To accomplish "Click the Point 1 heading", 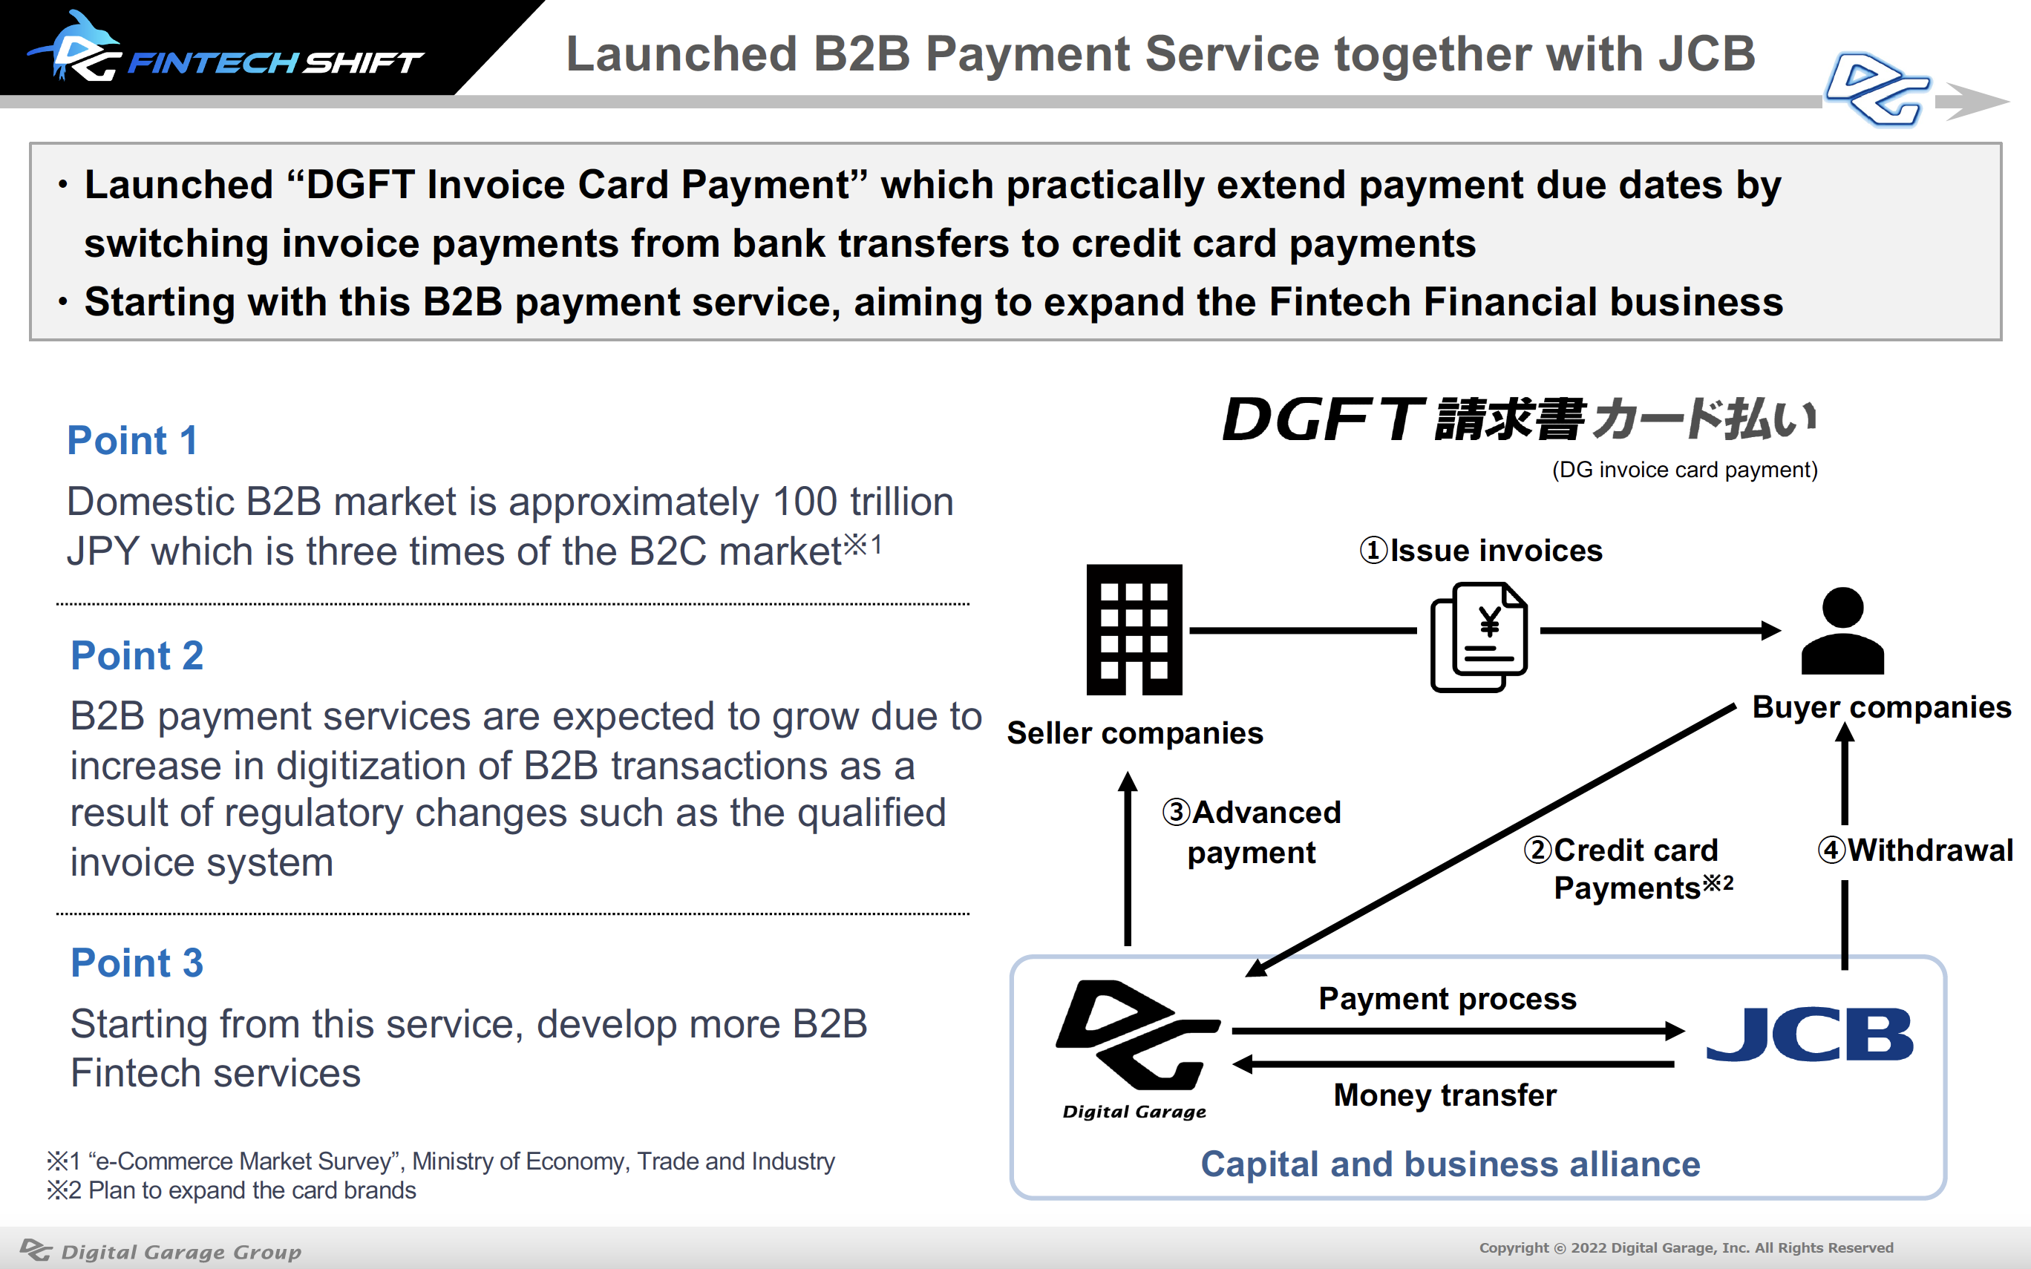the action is [x=133, y=441].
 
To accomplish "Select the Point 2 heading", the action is [x=137, y=655].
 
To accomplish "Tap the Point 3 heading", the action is [x=137, y=963].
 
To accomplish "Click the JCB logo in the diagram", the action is [x=1811, y=1034].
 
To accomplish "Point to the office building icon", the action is [x=1134, y=629].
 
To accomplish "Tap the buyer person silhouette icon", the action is [x=1843, y=631].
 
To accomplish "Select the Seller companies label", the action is [x=1135, y=733].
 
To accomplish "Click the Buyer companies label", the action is [x=1882, y=707].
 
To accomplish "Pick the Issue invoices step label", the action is [x=1480, y=551].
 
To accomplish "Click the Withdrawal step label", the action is [x=1915, y=850].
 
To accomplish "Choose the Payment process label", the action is [x=1448, y=999].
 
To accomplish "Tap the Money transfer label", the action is [x=1445, y=1095].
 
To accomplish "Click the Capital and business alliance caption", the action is [x=1451, y=1164].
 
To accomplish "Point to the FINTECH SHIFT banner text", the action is [x=275, y=62].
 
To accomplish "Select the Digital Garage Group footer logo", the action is [x=160, y=1250].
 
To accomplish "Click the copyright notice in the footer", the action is [x=1686, y=1248].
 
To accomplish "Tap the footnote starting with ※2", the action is [x=232, y=1191].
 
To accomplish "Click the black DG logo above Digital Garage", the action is [x=1137, y=1034].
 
